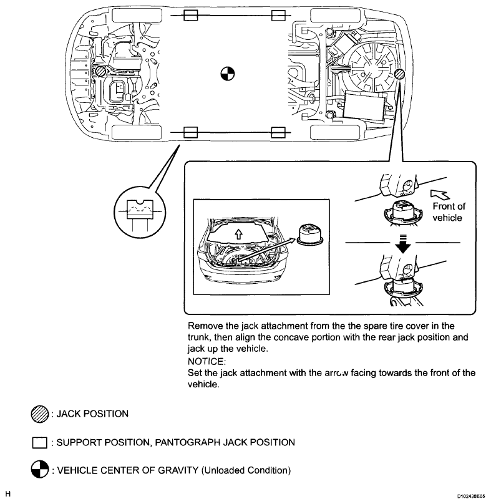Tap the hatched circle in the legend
tap(39, 415)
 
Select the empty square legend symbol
tap(39, 443)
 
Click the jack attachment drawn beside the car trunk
tap(310, 235)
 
